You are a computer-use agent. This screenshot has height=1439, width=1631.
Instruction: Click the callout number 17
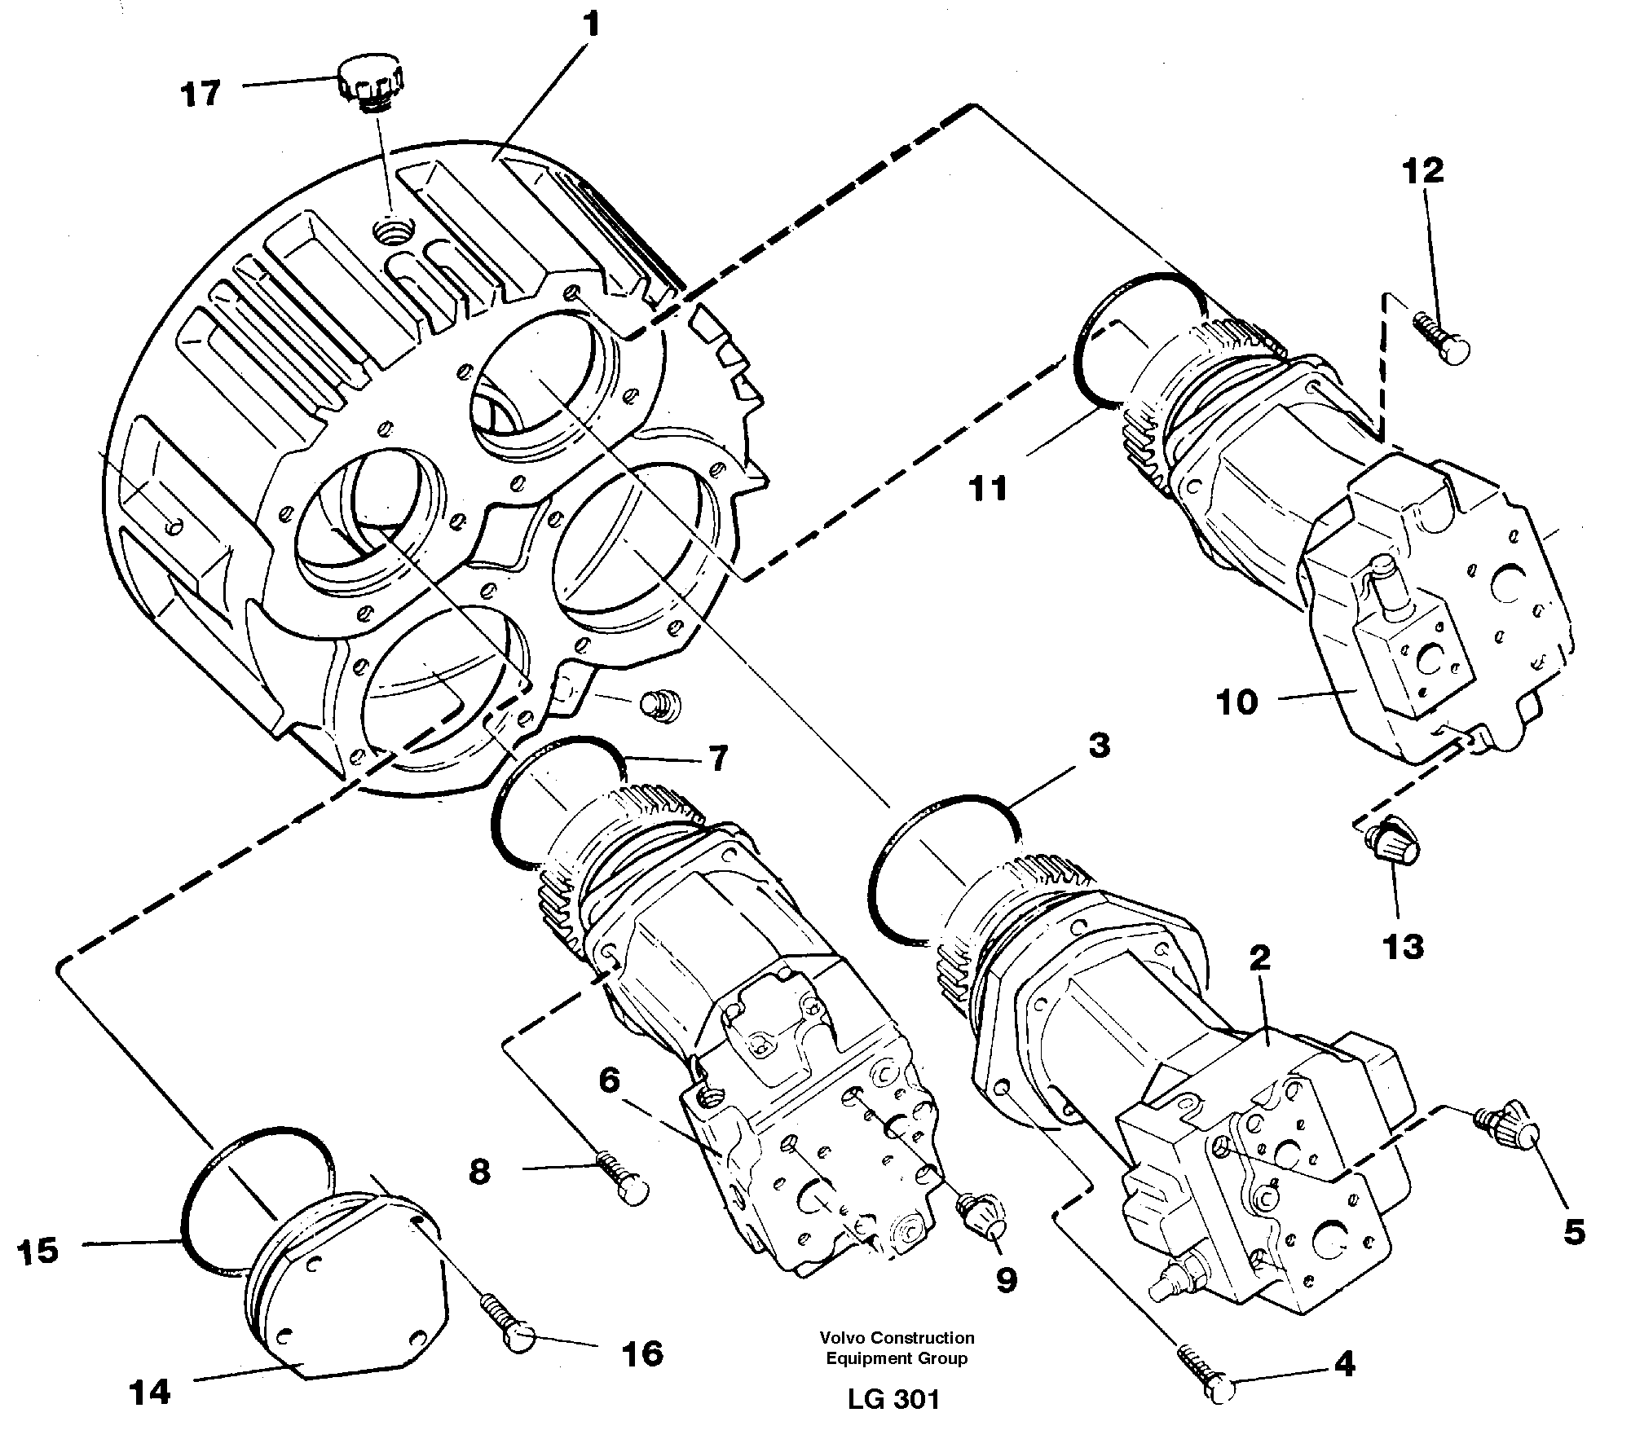(x=201, y=95)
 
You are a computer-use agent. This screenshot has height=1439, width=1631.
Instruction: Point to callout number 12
(x=1423, y=170)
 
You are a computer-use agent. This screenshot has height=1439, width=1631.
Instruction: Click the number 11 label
(x=989, y=489)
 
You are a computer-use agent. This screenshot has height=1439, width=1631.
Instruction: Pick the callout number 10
(x=1237, y=702)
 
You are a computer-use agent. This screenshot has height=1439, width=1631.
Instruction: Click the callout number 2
(x=1260, y=958)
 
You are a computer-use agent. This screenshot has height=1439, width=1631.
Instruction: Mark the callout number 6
(x=610, y=1081)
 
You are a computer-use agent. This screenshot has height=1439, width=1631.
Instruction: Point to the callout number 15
(x=38, y=1251)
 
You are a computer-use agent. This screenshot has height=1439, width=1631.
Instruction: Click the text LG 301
(x=894, y=1399)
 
